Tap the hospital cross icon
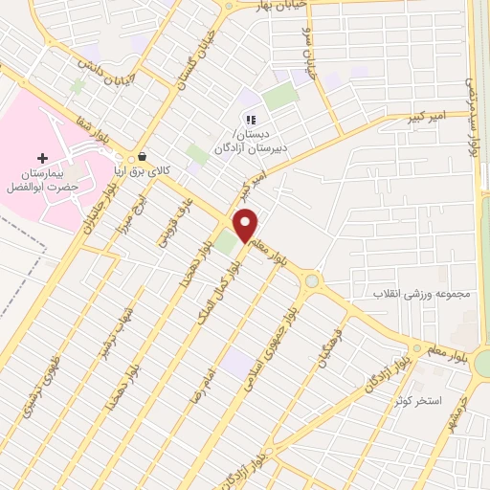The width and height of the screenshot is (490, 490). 41,158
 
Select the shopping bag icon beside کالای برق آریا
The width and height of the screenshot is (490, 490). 143,156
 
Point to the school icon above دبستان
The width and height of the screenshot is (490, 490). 250,121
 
